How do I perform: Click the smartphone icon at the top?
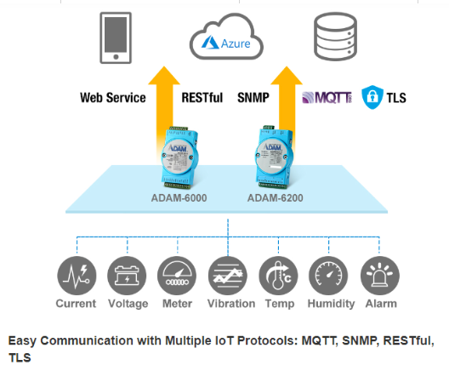click(116, 37)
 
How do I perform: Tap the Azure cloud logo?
click(226, 37)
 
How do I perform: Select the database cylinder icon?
click(335, 37)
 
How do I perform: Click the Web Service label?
click(113, 98)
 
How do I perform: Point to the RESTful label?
click(202, 98)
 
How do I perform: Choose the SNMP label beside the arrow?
click(253, 98)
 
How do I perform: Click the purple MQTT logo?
click(327, 97)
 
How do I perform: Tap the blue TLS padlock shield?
click(372, 97)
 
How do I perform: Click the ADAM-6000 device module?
click(179, 157)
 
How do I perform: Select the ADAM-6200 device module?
click(274, 157)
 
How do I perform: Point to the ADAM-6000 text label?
click(179, 198)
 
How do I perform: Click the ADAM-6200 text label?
click(276, 198)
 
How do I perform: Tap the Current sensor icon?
click(77, 276)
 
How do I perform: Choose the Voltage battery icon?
click(127, 276)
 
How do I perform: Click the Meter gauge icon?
click(177, 276)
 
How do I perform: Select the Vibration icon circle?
click(228, 276)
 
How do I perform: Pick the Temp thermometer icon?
click(278, 276)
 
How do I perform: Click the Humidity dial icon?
click(329, 276)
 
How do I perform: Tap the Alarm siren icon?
click(380, 276)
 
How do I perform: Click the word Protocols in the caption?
click(268, 341)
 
